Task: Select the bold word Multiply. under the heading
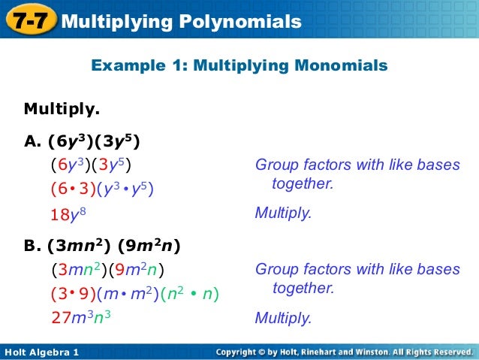62,110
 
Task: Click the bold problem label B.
33,245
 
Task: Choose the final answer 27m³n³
81,317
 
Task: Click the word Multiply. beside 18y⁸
283,213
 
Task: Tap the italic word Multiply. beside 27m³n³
283,318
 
